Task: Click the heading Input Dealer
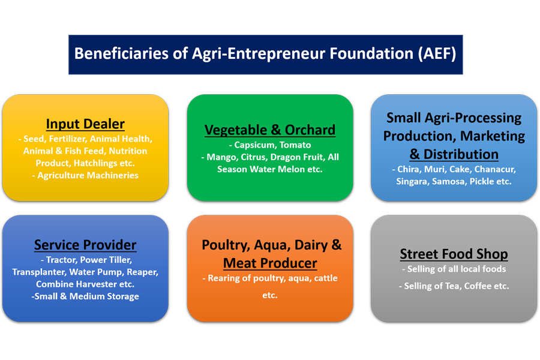coord(85,124)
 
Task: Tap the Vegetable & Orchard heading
coord(270,130)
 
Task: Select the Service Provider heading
coord(85,245)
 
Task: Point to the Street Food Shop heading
coord(454,254)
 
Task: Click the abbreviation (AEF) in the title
coord(437,54)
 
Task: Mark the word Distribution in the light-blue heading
coord(461,154)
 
